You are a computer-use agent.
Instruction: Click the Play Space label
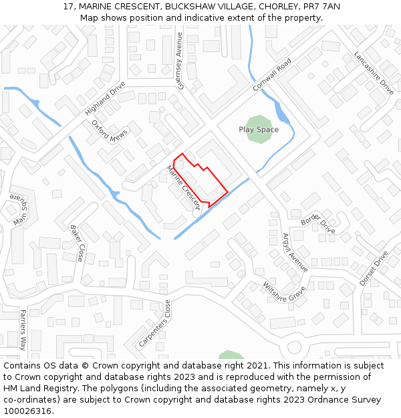click(259, 130)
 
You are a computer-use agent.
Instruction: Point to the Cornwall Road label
click(272, 76)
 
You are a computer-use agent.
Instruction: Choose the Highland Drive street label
click(105, 98)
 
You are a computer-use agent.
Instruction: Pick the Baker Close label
click(78, 243)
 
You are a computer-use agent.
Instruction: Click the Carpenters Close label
click(155, 323)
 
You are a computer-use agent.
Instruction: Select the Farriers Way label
click(22, 330)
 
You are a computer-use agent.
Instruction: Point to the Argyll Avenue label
click(295, 251)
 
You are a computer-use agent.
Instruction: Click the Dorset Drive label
click(374, 269)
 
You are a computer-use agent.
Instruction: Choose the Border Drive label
click(318, 223)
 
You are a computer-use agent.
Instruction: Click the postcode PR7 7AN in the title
click(321, 6)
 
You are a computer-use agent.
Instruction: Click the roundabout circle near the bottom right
click(293, 348)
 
